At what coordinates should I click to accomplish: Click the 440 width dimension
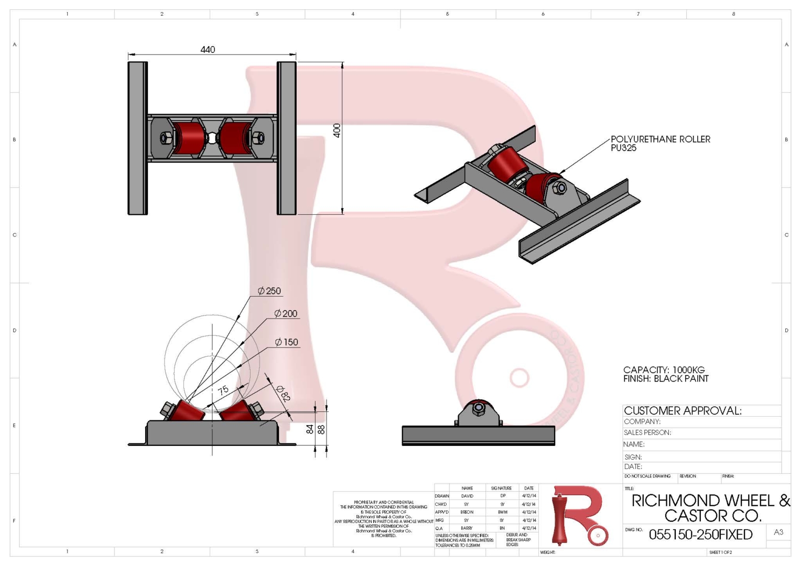[208, 50]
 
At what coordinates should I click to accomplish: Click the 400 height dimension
[337, 130]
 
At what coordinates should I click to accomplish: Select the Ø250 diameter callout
[269, 291]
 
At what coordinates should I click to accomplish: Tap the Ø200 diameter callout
[286, 314]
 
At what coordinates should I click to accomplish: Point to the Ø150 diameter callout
[287, 342]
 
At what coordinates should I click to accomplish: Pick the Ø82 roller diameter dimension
[283, 393]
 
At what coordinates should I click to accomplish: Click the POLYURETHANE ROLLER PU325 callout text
[660, 143]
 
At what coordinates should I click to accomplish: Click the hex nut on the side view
[478, 409]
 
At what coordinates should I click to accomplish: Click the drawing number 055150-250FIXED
[700, 535]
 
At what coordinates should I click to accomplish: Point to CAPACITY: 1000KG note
[664, 370]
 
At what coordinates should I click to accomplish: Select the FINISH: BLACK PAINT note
[666, 379]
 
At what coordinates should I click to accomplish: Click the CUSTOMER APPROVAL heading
[683, 411]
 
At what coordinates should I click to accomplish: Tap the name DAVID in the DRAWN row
[467, 496]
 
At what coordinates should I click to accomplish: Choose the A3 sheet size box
[778, 532]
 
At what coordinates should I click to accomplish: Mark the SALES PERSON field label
[647, 433]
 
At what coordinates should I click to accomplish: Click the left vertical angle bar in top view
[137, 138]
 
